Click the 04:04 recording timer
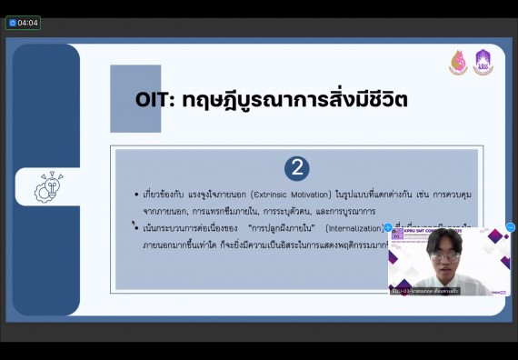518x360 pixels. tap(23, 23)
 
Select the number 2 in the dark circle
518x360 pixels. tap(296, 168)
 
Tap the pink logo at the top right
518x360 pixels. tap(458, 63)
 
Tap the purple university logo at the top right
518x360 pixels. tap(483, 62)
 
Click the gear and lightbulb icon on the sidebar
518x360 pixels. tap(47, 186)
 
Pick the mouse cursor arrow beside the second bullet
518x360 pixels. tap(133, 224)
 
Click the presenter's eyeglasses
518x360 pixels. tap(444, 257)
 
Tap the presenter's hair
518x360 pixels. tap(444, 240)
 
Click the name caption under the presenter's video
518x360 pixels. tap(425, 291)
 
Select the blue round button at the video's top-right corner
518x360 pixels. tap(510, 227)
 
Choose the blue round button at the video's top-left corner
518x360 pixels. tap(388, 227)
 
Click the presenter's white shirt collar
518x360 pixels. tap(446, 283)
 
